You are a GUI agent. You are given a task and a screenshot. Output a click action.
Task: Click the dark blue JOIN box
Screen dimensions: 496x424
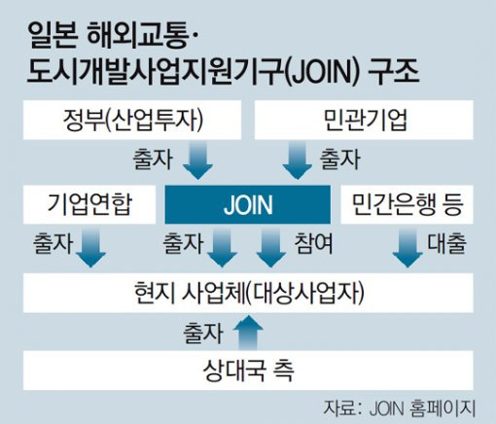pos(248,204)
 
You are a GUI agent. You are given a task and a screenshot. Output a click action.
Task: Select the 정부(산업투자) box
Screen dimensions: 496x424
pos(132,120)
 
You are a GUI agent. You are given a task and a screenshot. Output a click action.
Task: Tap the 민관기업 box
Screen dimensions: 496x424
pos(364,120)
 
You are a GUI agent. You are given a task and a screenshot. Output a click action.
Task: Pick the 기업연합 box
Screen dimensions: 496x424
pos(89,204)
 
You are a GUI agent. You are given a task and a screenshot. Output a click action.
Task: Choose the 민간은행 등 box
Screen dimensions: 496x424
pos(407,204)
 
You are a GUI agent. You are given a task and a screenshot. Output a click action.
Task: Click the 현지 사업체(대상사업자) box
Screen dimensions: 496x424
pos(248,293)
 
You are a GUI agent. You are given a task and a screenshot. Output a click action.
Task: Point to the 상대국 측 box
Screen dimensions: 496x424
pos(248,371)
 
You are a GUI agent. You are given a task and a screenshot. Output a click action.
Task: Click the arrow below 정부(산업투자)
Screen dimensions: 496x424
pos(197,160)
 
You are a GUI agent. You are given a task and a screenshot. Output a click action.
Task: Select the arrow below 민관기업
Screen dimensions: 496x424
pos(298,160)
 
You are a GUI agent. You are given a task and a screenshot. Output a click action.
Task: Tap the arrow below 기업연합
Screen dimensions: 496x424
pos(90,247)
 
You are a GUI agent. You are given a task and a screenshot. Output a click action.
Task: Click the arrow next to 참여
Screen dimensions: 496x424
pos(271,247)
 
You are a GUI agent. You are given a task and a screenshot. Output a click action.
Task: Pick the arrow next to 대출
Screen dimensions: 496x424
pos(407,247)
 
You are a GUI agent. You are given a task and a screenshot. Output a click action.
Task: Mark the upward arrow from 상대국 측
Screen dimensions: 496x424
pos(248,333)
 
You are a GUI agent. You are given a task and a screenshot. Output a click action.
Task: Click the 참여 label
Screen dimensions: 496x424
pos(313,243)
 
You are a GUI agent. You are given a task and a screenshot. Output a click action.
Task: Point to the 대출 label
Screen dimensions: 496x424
pos(446,243)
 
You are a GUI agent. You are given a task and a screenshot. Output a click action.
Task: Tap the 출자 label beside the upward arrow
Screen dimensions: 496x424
pos(203,333)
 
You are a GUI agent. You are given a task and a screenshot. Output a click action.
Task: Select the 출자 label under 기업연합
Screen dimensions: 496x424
pos(53,243)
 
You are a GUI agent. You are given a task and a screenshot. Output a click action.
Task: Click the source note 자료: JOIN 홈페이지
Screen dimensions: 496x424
pos(399,408)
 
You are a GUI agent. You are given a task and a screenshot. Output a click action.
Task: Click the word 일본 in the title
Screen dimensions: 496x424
pos(53,35)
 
